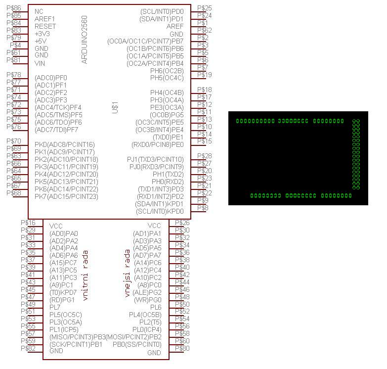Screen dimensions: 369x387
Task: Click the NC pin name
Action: (x=39, y=11)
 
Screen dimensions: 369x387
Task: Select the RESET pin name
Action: (x=45, y=26)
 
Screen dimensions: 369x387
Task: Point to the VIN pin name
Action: (x=40, y=63)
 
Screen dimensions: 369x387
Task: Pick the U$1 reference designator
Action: (x=115, y=107)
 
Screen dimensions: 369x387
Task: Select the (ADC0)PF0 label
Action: (x=51, y=78)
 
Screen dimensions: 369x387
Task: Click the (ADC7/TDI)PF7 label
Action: (x=56, y=130)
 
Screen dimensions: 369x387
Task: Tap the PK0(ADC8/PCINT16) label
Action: (x=64, y=144)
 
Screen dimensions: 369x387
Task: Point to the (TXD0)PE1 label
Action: (x=168, y=137)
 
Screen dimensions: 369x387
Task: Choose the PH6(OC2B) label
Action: (x=167, y=71)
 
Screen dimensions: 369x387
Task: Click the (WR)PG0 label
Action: (x=148, y=300)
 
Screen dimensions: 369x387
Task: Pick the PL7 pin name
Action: (x=55, y=307)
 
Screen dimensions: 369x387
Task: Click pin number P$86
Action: (x=13, y=8)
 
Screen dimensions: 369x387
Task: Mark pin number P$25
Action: (x=204, y=8)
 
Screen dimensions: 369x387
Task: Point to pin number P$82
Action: (x=28, y=348)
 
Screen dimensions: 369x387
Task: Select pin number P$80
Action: (x=182, y=348)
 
